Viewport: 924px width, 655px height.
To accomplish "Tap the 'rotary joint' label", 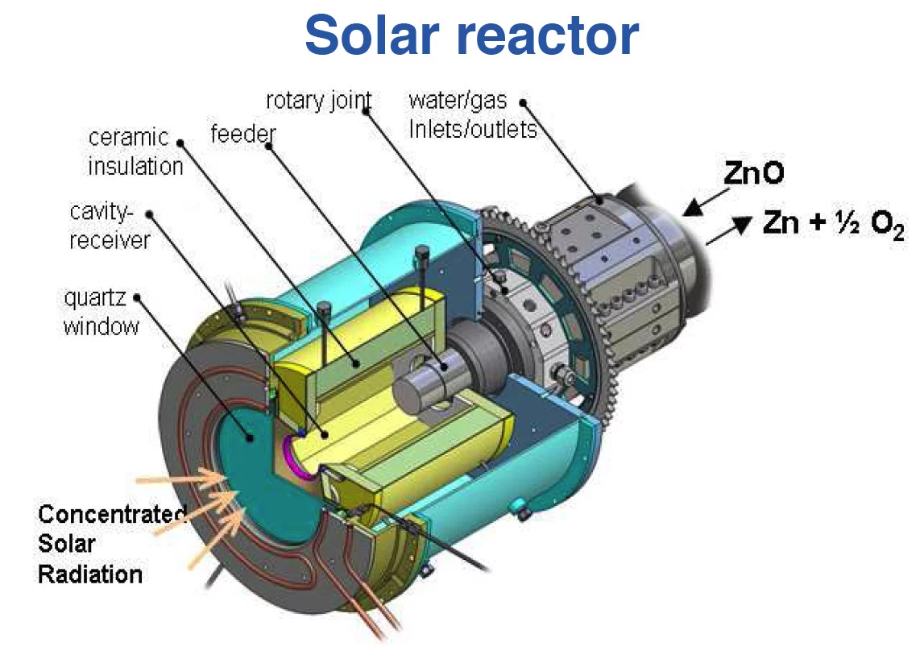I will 318,102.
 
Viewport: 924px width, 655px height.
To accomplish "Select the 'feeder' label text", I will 242,133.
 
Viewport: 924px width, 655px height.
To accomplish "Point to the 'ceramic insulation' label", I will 135,151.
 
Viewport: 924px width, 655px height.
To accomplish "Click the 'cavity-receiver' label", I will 109,226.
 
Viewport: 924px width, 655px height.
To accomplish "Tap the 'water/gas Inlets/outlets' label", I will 472,114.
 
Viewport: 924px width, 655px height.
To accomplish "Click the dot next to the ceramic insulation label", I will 180,144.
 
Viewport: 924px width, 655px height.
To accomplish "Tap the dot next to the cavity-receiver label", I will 152,214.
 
